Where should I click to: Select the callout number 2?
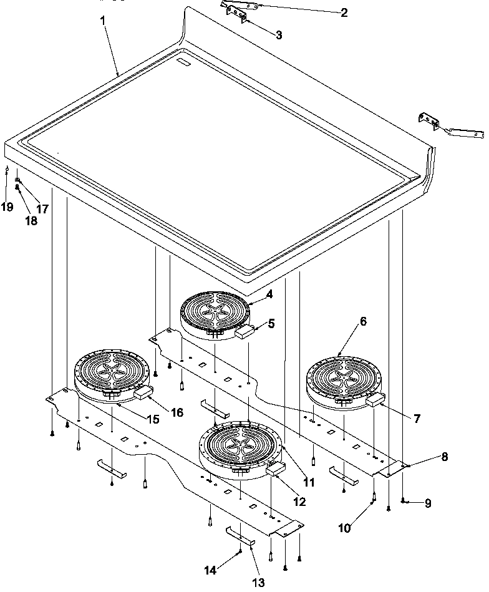tap(344, 12)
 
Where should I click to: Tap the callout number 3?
tap(278, 36)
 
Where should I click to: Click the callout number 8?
tap(444, 456)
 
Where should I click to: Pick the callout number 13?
tap(258, 582)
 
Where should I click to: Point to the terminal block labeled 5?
tap(244, 332)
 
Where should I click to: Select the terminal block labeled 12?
tap(275, 468)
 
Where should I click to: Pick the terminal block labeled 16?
tap(143, 392)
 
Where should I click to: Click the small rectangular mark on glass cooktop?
tap(184, 62)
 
